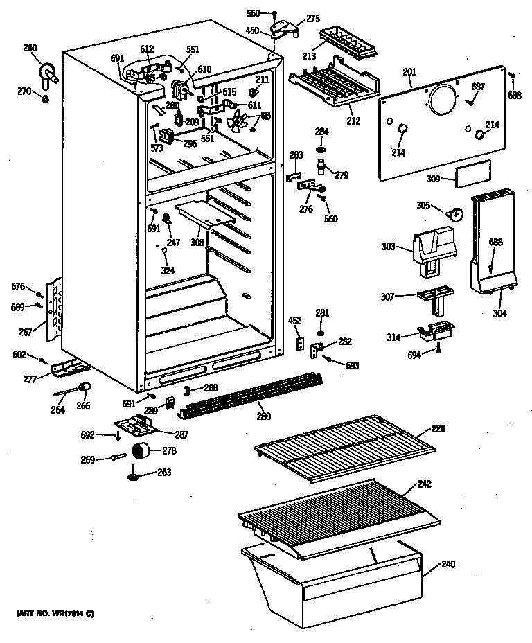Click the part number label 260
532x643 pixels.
click(30, 48)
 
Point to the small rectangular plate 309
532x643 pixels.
click(473, 172)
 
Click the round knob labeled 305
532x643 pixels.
click(455, 214)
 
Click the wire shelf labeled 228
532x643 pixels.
click(345, 448)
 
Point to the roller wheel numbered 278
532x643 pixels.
click(142, 452)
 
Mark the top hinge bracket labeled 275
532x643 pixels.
click(284, 28)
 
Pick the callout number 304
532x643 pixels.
click(499, 313)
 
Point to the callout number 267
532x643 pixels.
click(26, 333)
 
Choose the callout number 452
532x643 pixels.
click(294, 320)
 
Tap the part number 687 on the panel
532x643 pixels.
click(478, 86)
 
